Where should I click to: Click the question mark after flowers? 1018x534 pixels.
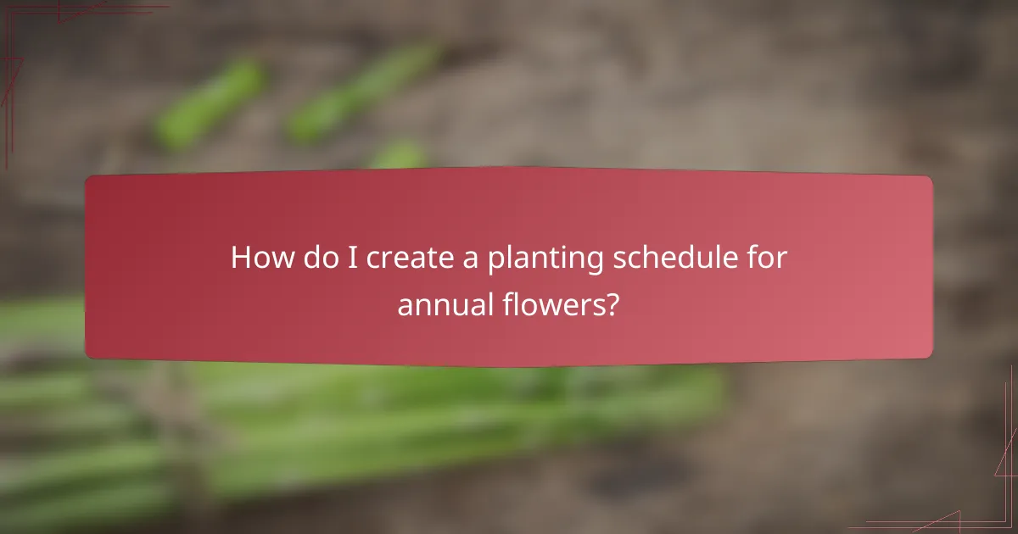(x=611, y=304)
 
